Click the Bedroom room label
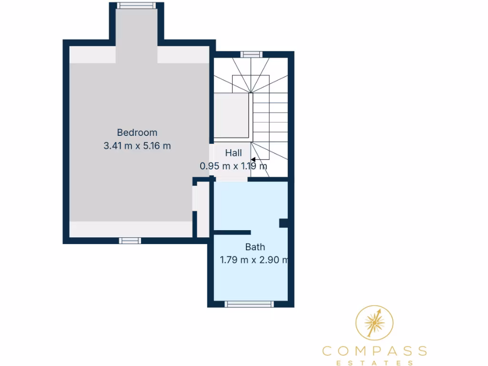click(137, 132)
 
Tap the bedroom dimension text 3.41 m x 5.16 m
click(137, 146)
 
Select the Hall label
click(234, 153)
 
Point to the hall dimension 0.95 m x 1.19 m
click(234, 166)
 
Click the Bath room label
click(255, 247)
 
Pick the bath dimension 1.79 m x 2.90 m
click(254, 260)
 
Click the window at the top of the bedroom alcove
click(137, 6)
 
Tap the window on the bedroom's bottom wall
click(130, 241)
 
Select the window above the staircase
click(251, 54)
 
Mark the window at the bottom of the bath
click(250, 304)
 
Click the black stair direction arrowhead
click(254, 160)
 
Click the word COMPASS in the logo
click(375, 351)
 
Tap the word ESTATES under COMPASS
click(375, 363)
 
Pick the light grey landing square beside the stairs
click(232, 116)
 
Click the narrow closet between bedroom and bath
click(203, 210)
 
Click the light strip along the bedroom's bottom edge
click(131, 229)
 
